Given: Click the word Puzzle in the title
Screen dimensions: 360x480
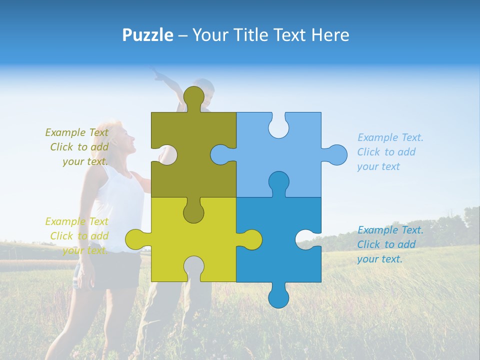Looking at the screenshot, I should click(147, 35).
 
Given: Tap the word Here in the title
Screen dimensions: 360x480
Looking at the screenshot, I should click(329, 35).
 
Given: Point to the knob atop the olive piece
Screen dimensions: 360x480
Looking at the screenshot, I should click(193, 96).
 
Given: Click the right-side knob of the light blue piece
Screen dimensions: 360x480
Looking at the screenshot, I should click(336, 154).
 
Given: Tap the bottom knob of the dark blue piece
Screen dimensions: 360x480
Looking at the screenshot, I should click(278, 297).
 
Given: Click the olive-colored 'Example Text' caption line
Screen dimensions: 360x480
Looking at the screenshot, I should click(76, 132).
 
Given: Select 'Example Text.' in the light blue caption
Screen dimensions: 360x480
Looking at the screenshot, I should click(390, 137).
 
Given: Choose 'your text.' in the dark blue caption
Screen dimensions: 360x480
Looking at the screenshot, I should click(379, 259).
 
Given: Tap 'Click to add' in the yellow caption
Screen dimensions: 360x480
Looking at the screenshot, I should click(79, 236).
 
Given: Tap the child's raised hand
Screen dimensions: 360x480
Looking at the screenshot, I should click(158, 75).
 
